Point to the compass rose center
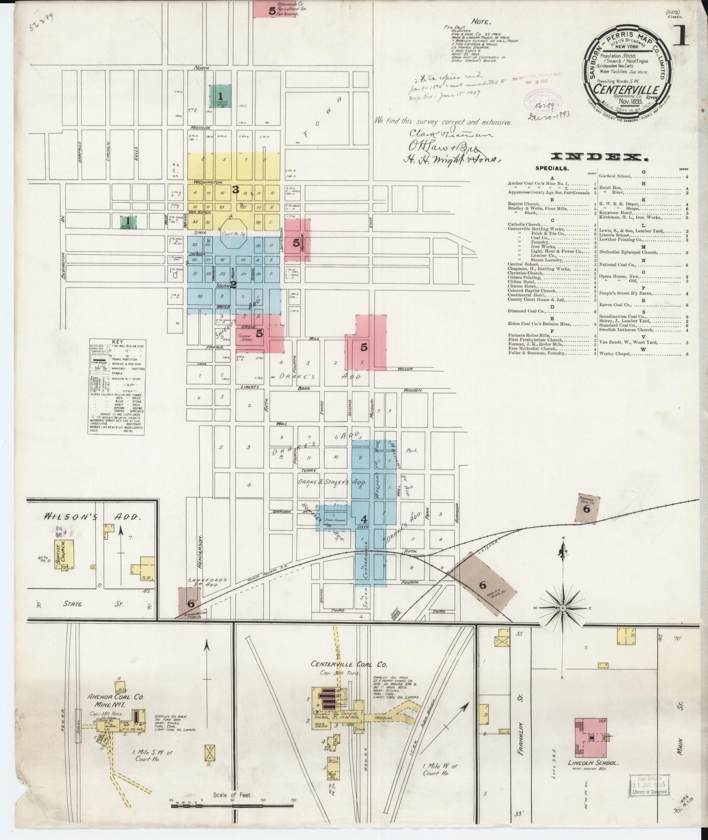[563, 608]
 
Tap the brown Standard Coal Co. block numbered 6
[587, 508]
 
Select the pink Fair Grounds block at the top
[277, 10]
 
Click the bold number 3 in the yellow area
[236, 190]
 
